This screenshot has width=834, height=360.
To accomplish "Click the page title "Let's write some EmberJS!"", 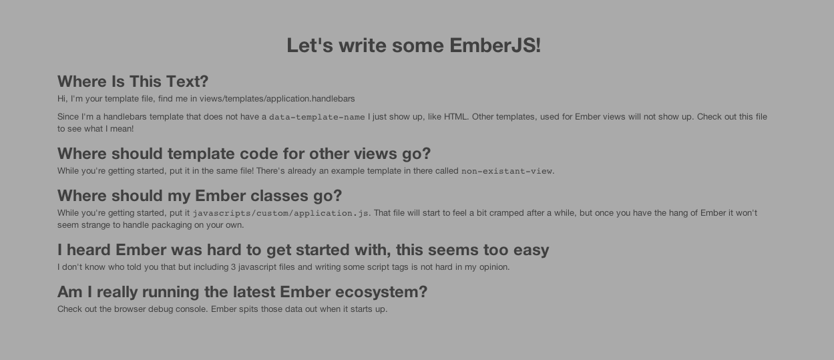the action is click(x=413, y=45).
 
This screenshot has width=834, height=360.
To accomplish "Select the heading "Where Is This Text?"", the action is click(x=133, y=81).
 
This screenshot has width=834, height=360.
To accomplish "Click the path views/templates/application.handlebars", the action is click(x=277, y=99).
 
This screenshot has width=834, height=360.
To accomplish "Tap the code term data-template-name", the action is click(x=317, y=117).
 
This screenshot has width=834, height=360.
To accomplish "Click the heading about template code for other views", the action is click(x=244, y=154).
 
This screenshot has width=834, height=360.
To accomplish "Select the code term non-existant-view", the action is click(x=507, y=171).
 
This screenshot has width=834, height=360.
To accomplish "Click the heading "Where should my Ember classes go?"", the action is click(x=200, y=196).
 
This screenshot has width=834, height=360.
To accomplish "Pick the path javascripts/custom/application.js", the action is click(x=280, y=213).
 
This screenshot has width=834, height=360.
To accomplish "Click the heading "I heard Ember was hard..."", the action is click(x=303, y=250).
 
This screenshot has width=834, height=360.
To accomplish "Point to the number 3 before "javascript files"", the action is click(x=234, y=267).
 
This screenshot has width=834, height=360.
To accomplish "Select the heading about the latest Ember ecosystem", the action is click(x=242, y=292).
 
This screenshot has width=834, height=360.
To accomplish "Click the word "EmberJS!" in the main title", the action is click(x=495, y=45).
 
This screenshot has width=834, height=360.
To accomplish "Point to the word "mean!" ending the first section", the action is click(x=122, y=129).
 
